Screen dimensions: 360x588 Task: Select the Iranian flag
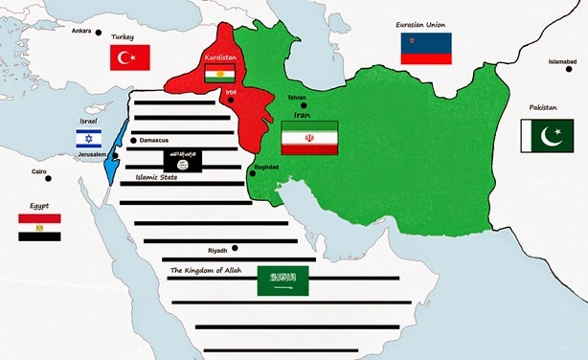pos(309,139)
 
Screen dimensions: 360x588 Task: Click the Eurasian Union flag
pos(425,48)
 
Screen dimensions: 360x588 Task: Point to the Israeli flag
pos(89,139)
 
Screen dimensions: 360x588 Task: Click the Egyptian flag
pos(39,227)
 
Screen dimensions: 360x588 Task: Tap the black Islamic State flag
pos(182,160)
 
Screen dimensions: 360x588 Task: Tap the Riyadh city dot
pos(236,247)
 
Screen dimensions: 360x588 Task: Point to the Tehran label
pos(296,97)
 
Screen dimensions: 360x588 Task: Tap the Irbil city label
pos(230,90)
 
